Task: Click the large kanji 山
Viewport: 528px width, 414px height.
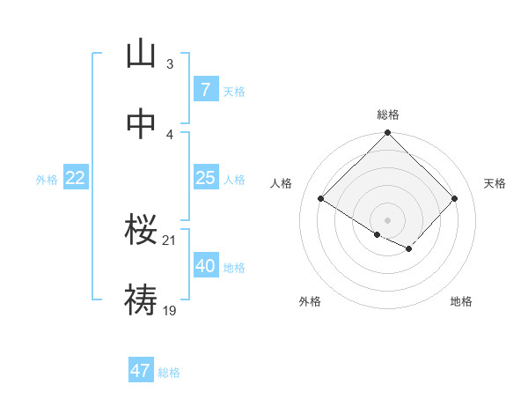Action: (x=140, y=55)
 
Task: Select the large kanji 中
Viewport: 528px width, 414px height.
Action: (x=140, y=126)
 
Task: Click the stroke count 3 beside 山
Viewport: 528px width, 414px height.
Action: (x=169, y=63)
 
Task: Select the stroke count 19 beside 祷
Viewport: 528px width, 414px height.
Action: (x=169, y=310)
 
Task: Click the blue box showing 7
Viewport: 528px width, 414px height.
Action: (x=205, y=90)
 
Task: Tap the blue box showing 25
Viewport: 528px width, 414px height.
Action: (x=205, y=178)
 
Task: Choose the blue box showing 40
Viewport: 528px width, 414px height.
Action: (x=205, y=266)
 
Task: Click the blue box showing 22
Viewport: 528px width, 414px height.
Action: (x=75, y=178)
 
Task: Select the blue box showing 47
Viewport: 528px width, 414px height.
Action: (x=141, y=371)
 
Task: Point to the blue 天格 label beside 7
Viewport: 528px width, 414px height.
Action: (x=234, y=91)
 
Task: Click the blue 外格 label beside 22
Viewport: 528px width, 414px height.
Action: (x=47, y=179)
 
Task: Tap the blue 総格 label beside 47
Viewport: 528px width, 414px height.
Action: (x=169, y=372)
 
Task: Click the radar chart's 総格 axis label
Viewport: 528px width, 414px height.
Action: (x=388, y=115)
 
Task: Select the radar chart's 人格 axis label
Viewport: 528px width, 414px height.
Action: (x=282, y=183)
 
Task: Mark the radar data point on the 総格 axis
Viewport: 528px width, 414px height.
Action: (x=387, y=134)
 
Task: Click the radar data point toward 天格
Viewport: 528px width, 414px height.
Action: (x=454, y=199)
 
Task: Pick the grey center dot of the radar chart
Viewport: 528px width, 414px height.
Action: (x=387, y=219)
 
